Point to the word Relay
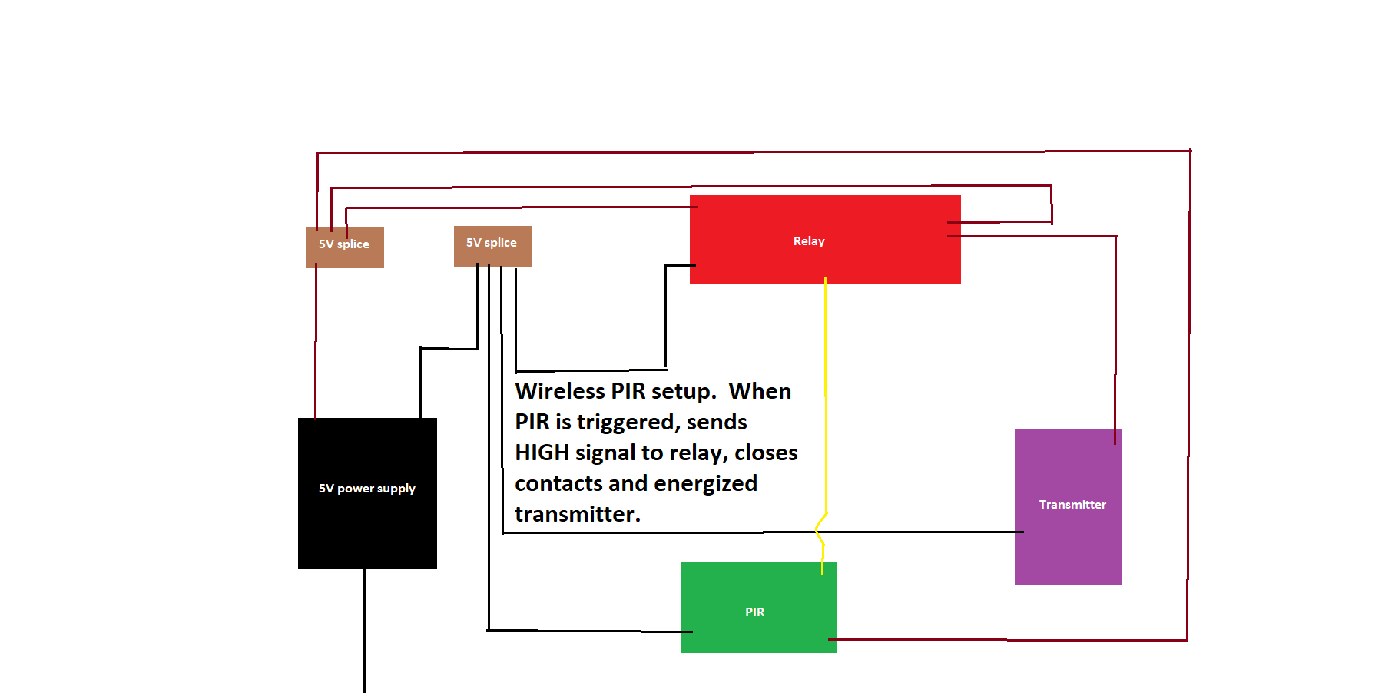click(x=809, y=241)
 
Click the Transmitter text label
click(x=1072, y=505)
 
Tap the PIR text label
click(x=754, y=612)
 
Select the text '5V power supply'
click(x=367, y=489)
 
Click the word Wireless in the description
click(x=560, y=391)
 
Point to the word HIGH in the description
click(x=542, y=453)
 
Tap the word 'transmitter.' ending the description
click(x=577, y=514)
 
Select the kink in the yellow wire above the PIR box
click(x=820, y=530)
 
